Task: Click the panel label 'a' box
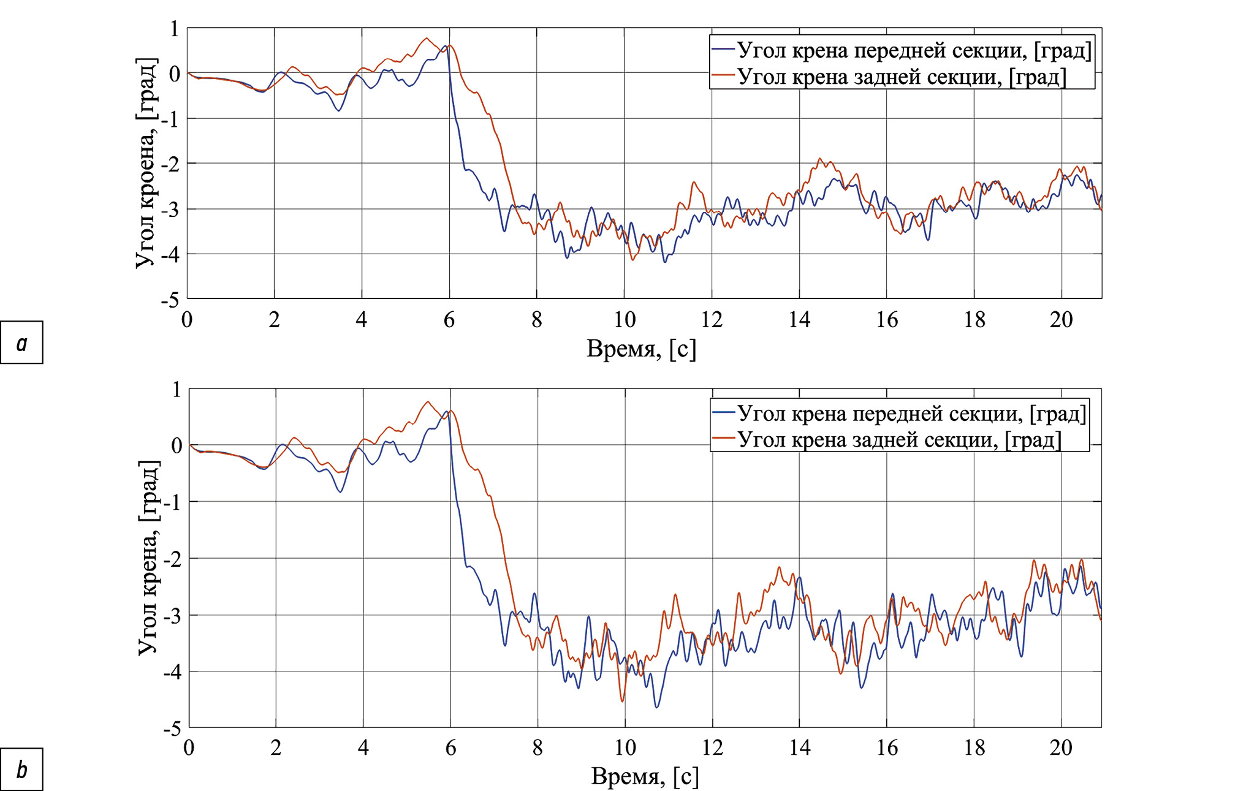[21, 343]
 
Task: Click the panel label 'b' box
[21, 769]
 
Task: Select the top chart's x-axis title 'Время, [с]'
[641, 349]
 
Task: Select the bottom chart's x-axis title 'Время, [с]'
[645, 776]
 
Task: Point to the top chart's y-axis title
[146, 163]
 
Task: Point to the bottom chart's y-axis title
[149, 558]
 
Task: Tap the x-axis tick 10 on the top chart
[625, 319]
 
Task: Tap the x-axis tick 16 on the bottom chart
[887, 747]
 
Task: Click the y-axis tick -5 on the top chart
[170, 300]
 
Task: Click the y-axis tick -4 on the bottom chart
[172, 672]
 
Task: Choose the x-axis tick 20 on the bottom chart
[1061, 747]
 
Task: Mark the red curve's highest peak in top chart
[427, 38]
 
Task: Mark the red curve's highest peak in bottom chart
[428, 401]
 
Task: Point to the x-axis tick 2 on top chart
[274, 319]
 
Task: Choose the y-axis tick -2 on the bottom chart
[172, 559]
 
